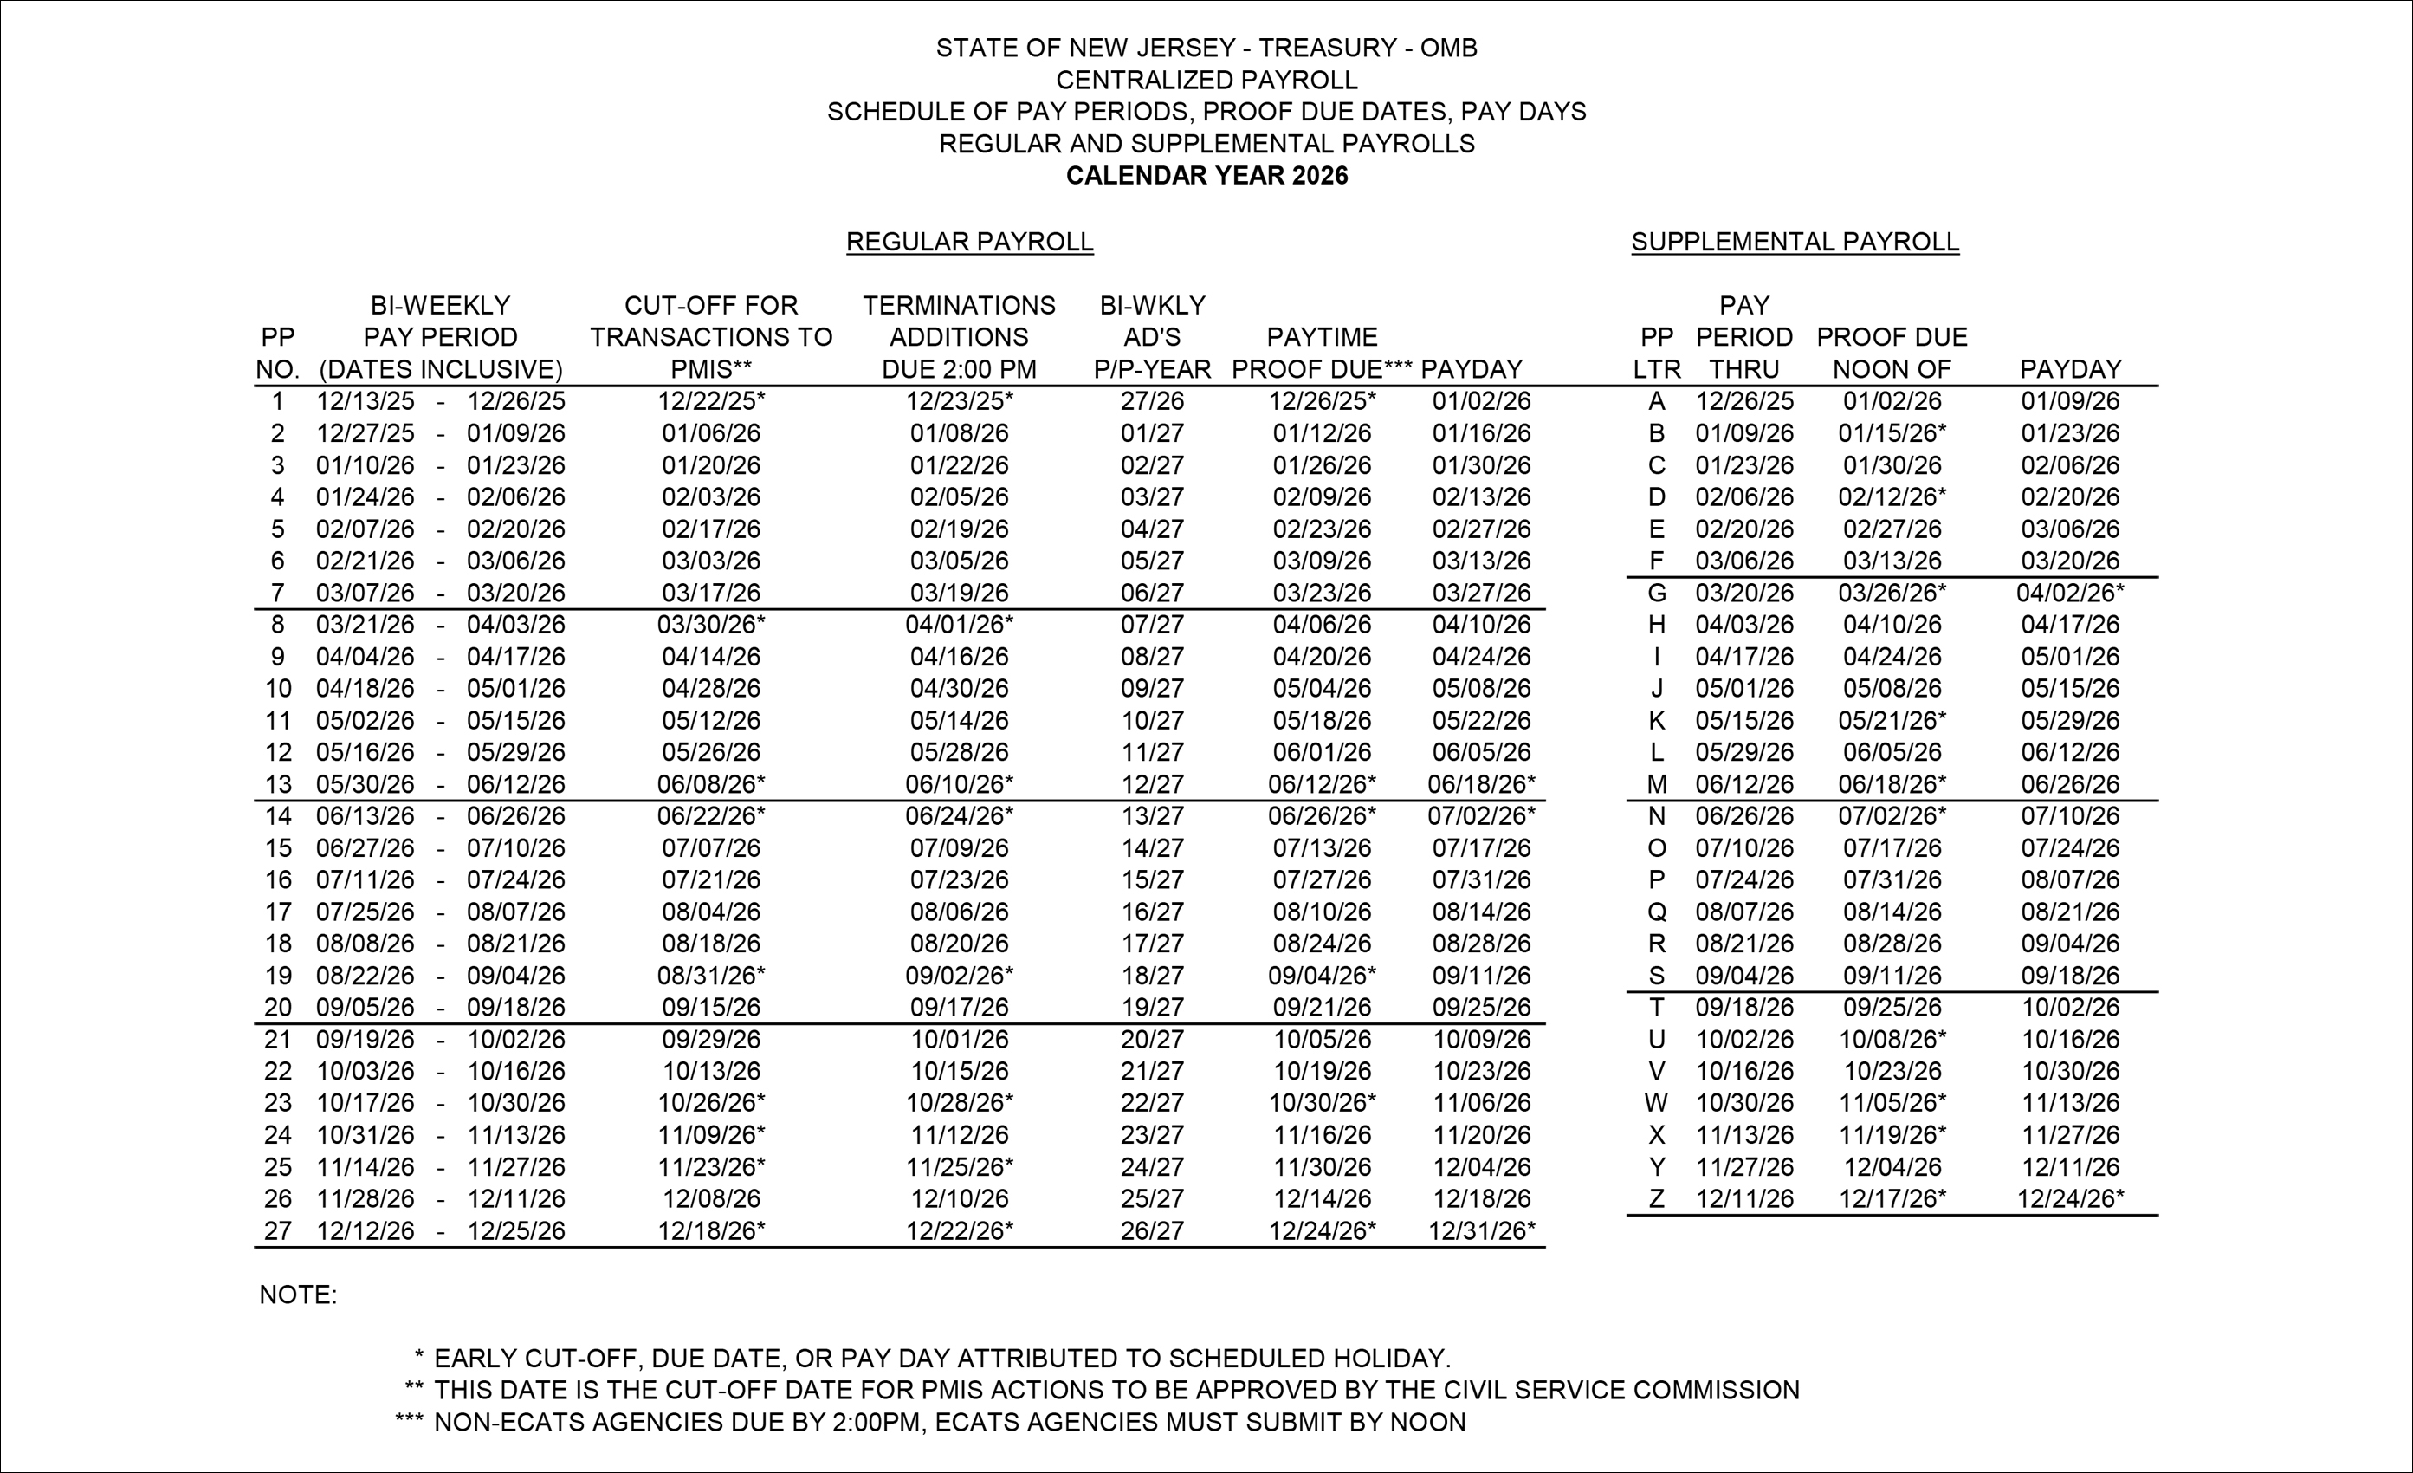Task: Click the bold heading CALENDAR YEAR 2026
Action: (1206, 176)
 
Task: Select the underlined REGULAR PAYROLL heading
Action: (969, 242)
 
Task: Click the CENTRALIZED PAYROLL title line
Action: (1206, 81)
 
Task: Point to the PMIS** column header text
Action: (711, 369)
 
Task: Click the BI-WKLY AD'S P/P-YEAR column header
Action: (1152, 338)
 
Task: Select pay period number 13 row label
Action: (278, 784)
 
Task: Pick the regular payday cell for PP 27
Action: (1481, 1231)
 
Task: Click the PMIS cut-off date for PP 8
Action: (711, 625)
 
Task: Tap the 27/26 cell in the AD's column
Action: (1152, 401)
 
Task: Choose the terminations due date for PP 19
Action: (959, 976)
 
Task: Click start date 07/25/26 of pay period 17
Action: (365, 912)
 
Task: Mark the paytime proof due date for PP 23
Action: (1322, 1103)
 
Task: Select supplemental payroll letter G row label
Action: (1656, 594)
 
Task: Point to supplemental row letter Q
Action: (1656, 912)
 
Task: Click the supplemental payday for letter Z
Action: (2069, 1199)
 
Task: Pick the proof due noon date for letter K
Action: (1891, 721)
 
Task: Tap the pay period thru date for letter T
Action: (1744, 1008)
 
